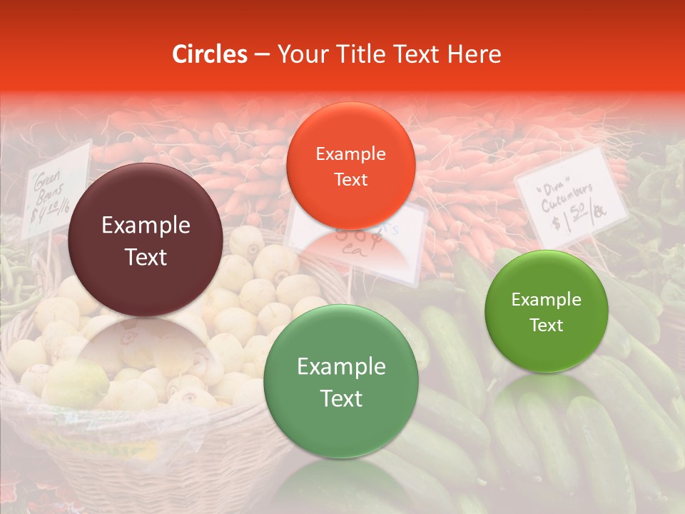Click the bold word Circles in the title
coord(210,54)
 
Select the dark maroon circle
coord(146,240)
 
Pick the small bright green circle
coord(546,312)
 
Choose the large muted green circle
coord(341,382)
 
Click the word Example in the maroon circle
coord(146,226)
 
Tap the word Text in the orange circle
coord(350,179)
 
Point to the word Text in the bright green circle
coord(546,326)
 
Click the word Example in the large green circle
coord(341,367)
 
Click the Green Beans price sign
coord(54,189)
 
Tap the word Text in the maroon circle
coord(146,257)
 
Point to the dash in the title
coord(262,55)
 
